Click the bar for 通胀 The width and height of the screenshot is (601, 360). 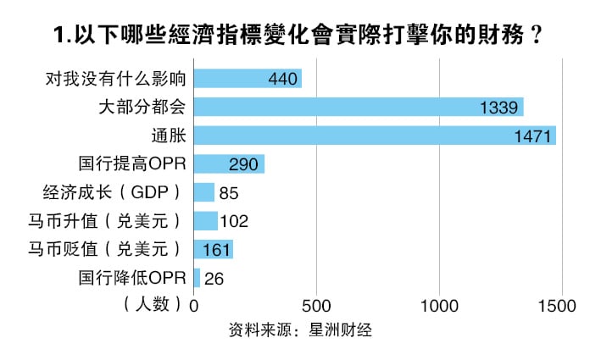[375, 136]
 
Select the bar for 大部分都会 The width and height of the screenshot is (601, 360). [359, 107]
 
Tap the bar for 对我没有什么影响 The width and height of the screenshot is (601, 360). [248, 79]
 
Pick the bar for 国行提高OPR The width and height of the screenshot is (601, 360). [229, 163]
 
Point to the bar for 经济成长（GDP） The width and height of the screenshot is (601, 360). [204, 192]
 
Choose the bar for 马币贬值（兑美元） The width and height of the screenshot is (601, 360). [213, 249]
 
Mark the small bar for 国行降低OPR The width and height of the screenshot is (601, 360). [198, 277]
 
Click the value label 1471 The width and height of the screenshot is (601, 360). [533, 136]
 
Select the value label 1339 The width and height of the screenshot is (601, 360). [500, 108]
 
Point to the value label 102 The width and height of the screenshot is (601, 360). [233, 221]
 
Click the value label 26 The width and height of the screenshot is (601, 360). [214, 278]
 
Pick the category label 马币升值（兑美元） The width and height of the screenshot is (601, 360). [104, 221]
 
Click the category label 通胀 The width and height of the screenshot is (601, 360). [170, 136]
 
